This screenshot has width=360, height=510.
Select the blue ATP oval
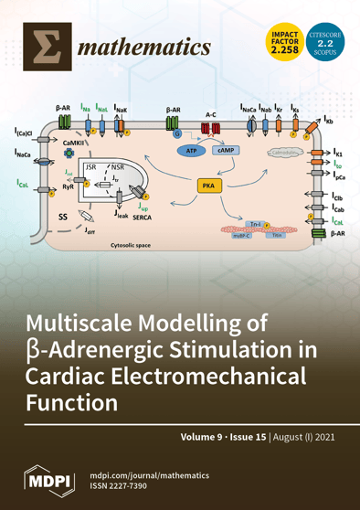pyautogui.click(x=191, y=150)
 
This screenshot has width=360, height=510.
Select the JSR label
pyautogui.click(x=90, y=168)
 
